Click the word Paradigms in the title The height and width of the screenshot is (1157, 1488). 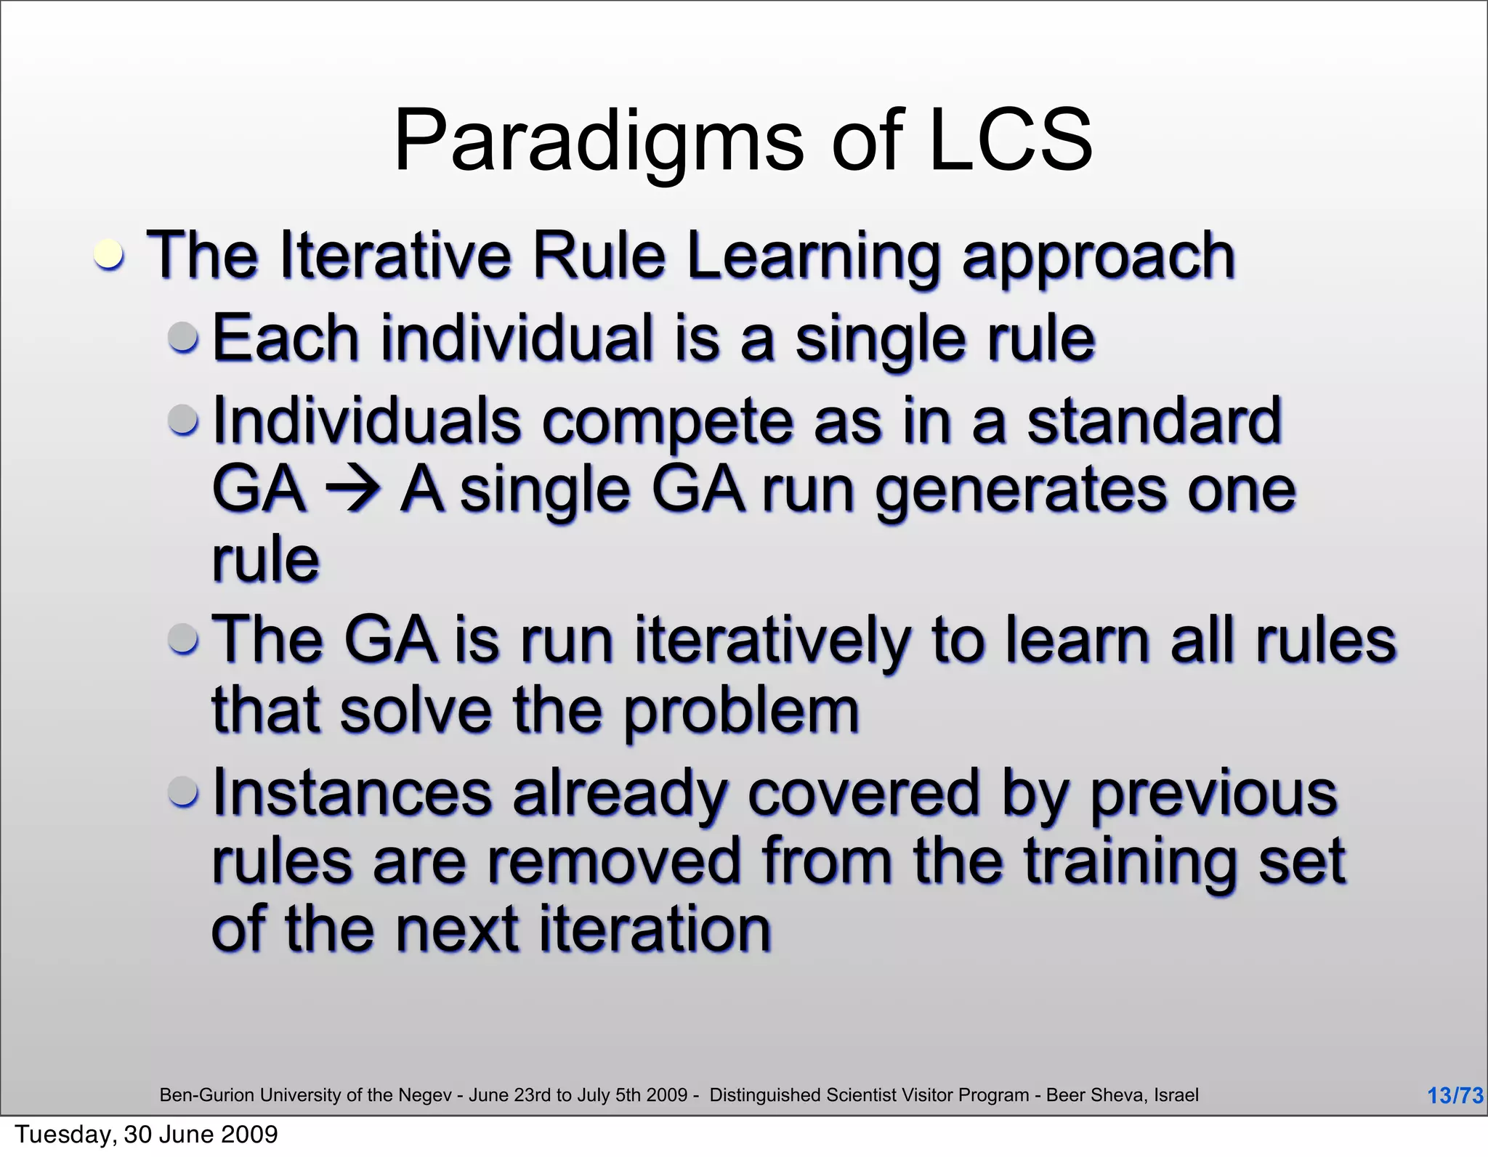[x=598, y=142]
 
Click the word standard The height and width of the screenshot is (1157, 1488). [x=1154, y=421]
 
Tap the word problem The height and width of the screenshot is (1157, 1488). [x=741, y=712]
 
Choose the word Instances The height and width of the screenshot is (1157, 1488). [x=353, y=793]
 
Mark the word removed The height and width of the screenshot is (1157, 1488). [x=612, y=861]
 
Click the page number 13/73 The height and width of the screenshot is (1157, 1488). [x=1455, y=1095]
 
